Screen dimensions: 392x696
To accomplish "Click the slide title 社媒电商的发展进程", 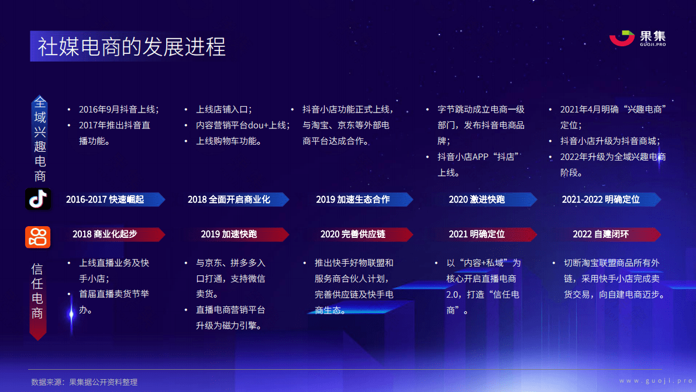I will [x=132, y=47].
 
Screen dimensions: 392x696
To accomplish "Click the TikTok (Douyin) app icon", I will [x=38, y=199].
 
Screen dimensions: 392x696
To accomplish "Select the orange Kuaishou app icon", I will [x=38, y=237].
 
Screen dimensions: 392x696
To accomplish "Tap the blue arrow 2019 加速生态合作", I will [x=353, y=199].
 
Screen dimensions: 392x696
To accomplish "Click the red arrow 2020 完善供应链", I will [x=353, y=234].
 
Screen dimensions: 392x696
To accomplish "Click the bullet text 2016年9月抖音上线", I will [x=119, y=110].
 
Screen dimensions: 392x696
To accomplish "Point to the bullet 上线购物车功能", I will [x=229, y=141].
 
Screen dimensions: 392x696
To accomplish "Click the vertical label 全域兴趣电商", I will [x=39, y=139].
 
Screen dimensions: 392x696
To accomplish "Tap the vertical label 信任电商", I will [x=37, y=291].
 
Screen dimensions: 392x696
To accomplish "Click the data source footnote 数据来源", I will [x=84, y=382].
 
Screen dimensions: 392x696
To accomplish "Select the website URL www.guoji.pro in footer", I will [x=655, y=381].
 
